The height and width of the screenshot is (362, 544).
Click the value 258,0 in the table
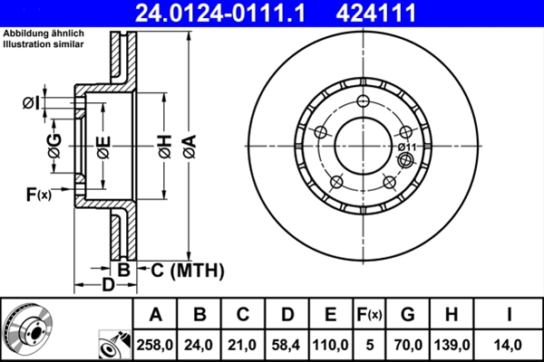(155, 344)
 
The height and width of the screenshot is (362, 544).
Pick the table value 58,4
(287, 344)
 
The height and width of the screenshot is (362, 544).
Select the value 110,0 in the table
(331, 344)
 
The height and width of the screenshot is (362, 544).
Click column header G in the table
(407, 314)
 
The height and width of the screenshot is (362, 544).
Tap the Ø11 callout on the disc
(407, 147)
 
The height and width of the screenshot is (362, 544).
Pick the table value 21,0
(243, 344)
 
